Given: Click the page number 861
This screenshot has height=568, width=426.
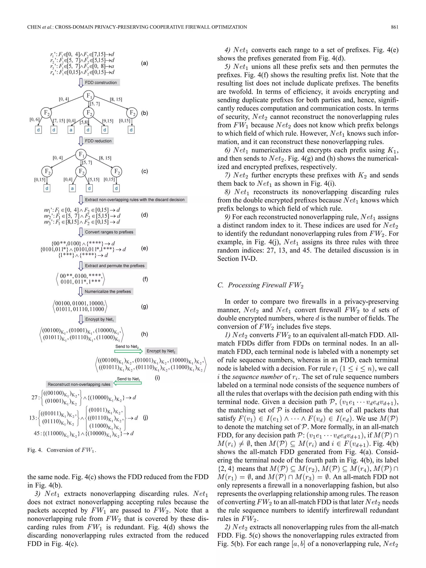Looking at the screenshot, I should click(x=394, y=27).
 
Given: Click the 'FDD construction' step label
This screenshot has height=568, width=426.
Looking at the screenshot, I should click(x=101, y=82).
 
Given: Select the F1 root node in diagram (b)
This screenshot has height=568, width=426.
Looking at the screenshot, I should click(x=89, y=96).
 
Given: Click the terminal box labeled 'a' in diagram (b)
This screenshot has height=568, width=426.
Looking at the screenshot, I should click(x=71, y=130).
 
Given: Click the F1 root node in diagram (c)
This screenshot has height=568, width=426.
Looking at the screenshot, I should click(x=81, y=154).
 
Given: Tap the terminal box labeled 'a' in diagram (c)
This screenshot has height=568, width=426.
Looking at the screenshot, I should click(x=72, y=189).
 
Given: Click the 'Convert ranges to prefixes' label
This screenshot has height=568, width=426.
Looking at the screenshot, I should click(x=109, y=232).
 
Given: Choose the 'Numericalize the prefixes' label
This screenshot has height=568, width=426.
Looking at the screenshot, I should click(x=108, y=291).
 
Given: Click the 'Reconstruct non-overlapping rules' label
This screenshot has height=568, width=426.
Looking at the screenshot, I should click(x=79, y=384).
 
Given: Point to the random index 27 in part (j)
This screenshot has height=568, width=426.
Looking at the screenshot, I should click(x=34, y=397).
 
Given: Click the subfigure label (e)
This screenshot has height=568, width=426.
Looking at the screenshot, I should click(x=145, y=248).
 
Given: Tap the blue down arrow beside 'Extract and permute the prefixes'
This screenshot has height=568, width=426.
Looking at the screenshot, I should click(x=80, y=266).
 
